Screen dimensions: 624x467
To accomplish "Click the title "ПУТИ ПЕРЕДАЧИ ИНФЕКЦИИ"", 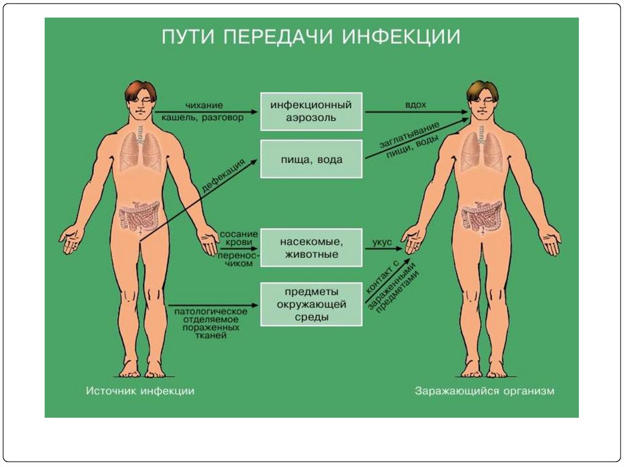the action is (x=311, y=37).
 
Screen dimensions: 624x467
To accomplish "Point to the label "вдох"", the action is (x=415, y=104).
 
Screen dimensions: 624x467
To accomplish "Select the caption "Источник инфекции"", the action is (x=140, y=391).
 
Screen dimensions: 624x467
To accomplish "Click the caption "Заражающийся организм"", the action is (x=484, y=391).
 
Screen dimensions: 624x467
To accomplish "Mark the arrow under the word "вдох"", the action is (x=417, y=112).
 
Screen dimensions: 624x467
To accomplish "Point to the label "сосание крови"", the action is (x=235, y=237).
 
